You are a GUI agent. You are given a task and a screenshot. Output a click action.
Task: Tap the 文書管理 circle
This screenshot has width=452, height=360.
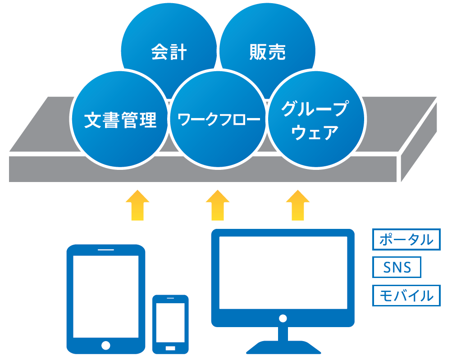click(x=120, y=120)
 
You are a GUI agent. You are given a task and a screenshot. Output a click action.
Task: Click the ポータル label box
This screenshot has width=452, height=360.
click(x=406, y=240)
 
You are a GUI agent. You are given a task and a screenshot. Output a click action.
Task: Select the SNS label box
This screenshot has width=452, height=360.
click(x=397, y=268)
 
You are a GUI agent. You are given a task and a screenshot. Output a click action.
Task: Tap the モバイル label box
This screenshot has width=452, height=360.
click(x=406, y=296)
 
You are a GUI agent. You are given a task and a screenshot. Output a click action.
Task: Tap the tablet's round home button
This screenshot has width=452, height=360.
click(x=106, y=346)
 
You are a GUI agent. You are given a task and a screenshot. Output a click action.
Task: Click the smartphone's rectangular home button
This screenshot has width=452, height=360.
click(x=170, y=348)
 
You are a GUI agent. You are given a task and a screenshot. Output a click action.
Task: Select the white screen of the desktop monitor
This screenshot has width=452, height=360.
click(x=283, y=272)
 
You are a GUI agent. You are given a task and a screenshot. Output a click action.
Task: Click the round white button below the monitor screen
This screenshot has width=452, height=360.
click(x=283, y=318)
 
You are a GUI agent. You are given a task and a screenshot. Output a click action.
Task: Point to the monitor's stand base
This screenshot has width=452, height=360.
click(x=283, y=348)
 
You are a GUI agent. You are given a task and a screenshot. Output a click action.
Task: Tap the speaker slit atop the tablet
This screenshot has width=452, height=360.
click(x=106, y=250)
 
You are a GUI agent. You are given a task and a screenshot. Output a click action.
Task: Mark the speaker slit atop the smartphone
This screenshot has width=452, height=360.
click(x=170, y=299)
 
